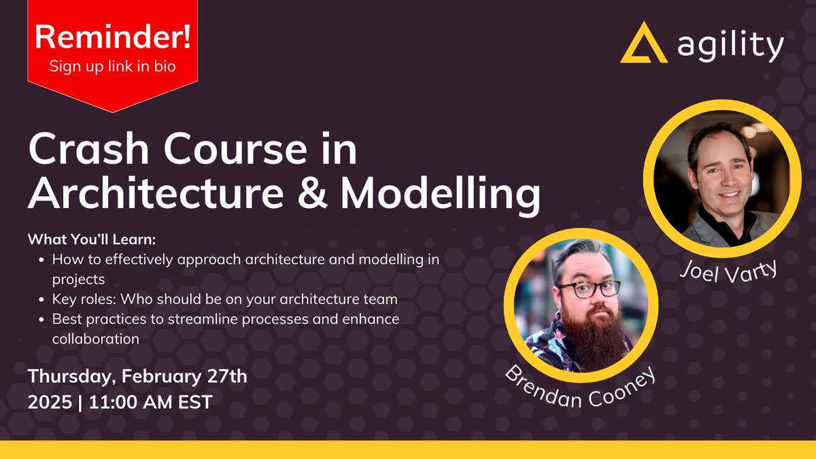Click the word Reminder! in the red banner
[x=112, y=37]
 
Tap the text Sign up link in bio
[x=112, y=67]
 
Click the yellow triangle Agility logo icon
[x=643, y=44]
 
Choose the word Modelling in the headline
[x=440, y=193]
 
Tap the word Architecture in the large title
[x=155, y=193]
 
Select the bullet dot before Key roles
[x=42, y=299]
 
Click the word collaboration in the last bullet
[x=96, y=338]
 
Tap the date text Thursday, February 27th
[x=137, y=376]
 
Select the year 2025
[x=50, y=401]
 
